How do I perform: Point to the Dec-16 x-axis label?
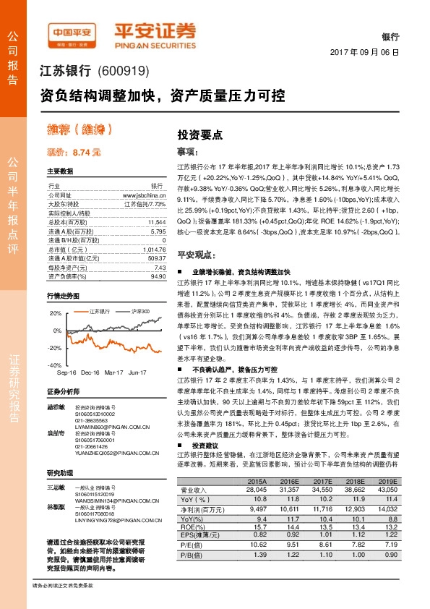coord(90,371)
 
